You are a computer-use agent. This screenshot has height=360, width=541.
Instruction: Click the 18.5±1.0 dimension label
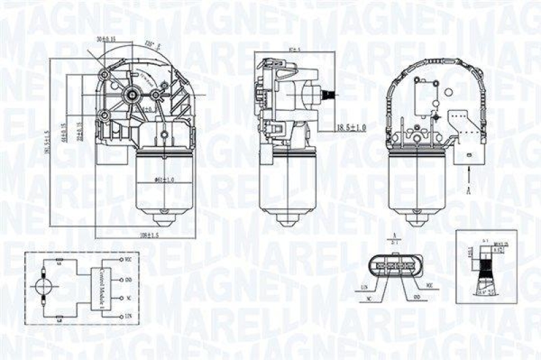[351, 127]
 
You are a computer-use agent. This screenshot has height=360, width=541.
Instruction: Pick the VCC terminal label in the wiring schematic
[128, 259]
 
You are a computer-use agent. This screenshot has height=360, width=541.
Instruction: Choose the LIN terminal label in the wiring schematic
[128, 316]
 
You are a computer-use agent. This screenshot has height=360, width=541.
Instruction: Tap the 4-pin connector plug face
[392, 265]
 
